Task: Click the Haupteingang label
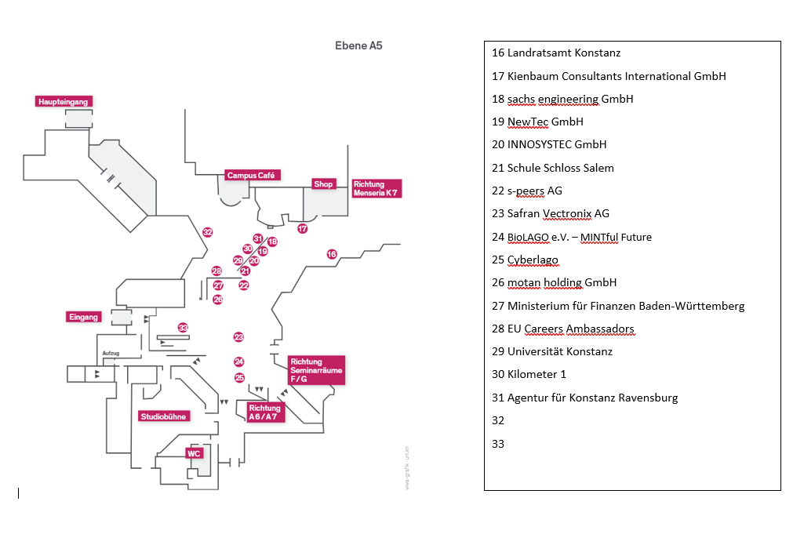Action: (64, 101)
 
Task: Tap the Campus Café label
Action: (251, 176)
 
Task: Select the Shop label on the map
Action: (323, 184)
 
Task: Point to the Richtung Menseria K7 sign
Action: (376, 189)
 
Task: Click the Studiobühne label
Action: (164, 416)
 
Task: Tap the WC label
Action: (194, 453)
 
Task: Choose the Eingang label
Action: (83, 317)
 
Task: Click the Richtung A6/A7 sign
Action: (265, 412)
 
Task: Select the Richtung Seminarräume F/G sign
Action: (316, 370)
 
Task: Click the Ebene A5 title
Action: (358, 45)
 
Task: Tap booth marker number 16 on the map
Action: (332, 254)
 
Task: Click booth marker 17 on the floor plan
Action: (303, 228)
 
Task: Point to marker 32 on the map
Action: (207, 232)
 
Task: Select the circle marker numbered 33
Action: (183, 328)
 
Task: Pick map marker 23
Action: (238, 336)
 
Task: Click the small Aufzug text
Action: (111, 353)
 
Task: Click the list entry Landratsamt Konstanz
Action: (556, 53)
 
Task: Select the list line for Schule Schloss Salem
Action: (553, 168)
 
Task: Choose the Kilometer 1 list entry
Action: (529, 374)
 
